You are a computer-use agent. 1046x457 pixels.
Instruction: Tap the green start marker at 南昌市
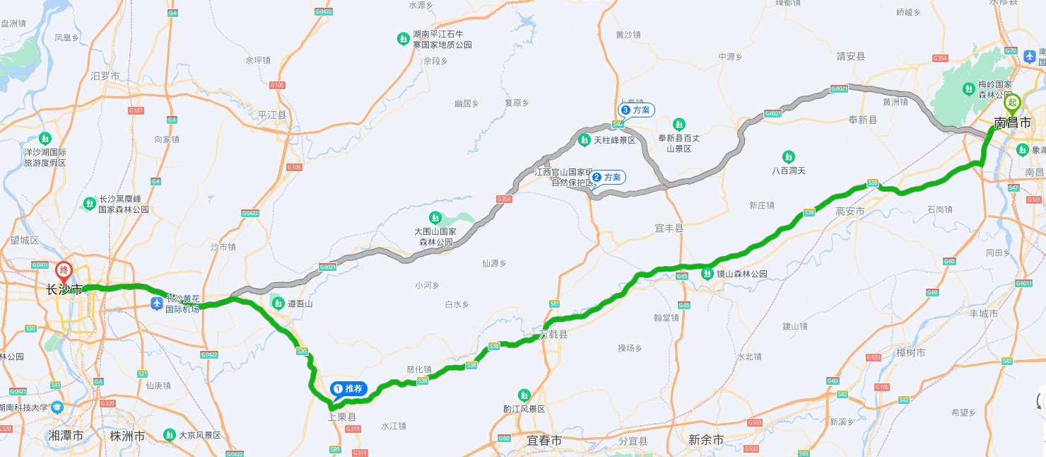click(x=1012, y=103)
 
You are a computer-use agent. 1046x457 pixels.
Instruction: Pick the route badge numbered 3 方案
click(x=636, y=110)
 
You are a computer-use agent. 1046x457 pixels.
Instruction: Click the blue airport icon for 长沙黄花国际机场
click(x=157, y=303)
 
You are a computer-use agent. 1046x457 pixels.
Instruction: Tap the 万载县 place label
click(x=553, y=334)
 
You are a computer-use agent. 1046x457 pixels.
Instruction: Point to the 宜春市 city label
click(x=544, y=440)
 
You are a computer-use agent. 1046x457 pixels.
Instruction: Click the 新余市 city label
click(x=706, y=440)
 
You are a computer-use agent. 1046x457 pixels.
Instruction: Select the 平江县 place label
click(x=272, y=115)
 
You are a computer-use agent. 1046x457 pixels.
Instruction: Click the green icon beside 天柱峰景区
click(x=584, y=140)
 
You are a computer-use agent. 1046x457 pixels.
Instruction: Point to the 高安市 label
click(x=850, y=212)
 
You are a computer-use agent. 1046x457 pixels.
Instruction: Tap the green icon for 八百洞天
click(x=788, y=156)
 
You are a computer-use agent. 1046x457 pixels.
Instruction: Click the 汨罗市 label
click(x=105, y=76)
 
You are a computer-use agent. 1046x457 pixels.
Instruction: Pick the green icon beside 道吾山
click(x=277, y=303)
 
